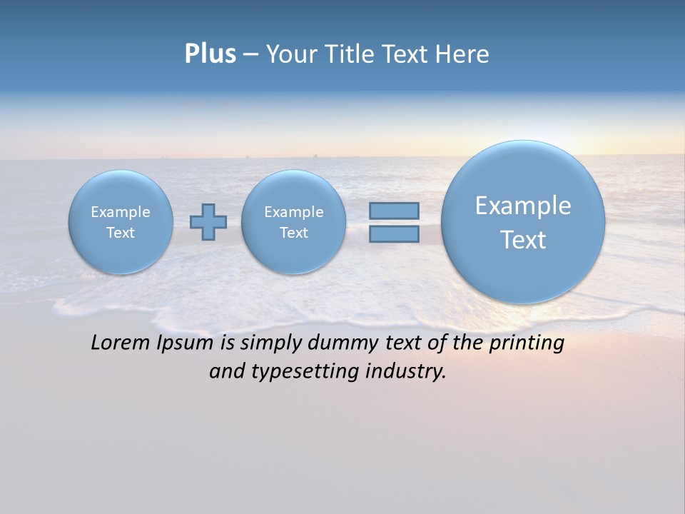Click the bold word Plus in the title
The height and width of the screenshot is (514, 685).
210,54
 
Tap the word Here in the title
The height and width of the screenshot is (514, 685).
463,54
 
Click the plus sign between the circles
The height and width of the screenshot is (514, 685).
208,222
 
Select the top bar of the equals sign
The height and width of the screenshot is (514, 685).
394,211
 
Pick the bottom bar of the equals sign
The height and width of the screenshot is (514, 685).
394,233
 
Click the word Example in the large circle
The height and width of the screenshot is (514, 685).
523,206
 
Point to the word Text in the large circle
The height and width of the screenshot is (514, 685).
523,240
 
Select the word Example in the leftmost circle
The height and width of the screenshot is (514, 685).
121,212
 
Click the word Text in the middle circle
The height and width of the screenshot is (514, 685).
293,233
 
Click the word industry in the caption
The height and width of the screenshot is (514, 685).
405,372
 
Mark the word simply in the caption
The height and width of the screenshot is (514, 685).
271,343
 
